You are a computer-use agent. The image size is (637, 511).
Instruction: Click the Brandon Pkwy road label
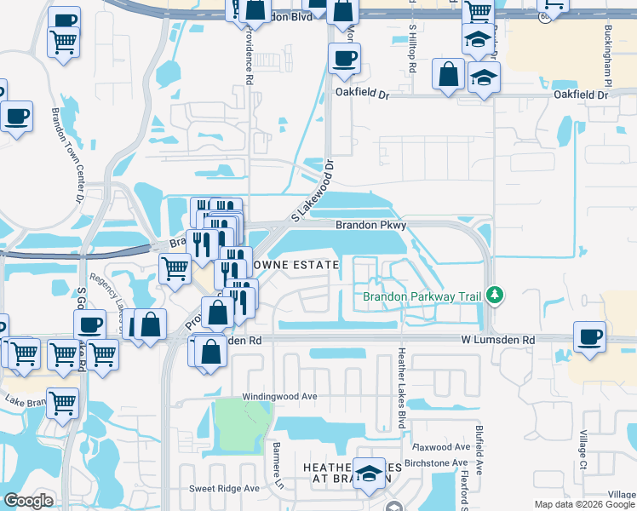tap(370, 226)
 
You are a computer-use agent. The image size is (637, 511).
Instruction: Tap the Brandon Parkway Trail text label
tap(422, 296)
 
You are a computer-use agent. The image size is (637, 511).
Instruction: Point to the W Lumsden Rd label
tap(499, 340)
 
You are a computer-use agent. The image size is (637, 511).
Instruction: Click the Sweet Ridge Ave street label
tap(224, 488)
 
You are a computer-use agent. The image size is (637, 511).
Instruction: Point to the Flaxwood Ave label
tap(441, 446)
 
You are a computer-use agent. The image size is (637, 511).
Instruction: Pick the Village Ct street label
tap(583, 451)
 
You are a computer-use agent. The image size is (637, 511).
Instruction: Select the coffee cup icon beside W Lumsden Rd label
tap(589, 336)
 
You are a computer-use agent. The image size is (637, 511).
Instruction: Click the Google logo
tap(28, 501)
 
